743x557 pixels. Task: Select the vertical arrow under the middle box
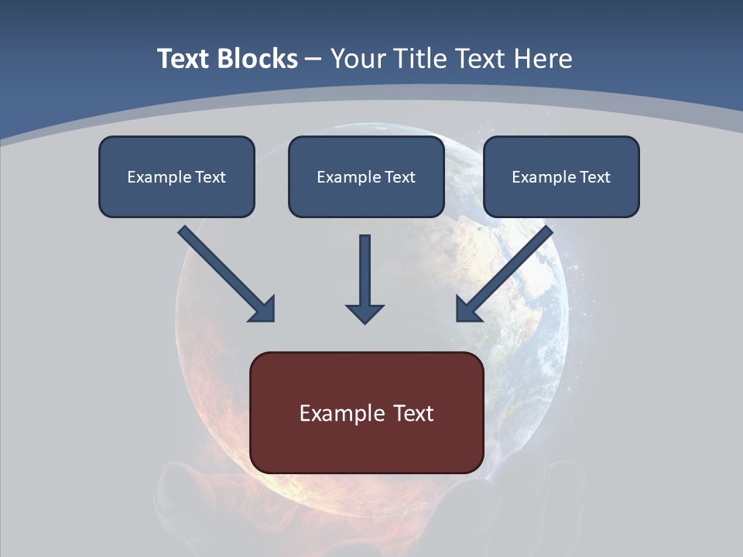365,271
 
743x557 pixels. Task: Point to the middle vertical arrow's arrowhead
365,313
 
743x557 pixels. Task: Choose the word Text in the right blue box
594,177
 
